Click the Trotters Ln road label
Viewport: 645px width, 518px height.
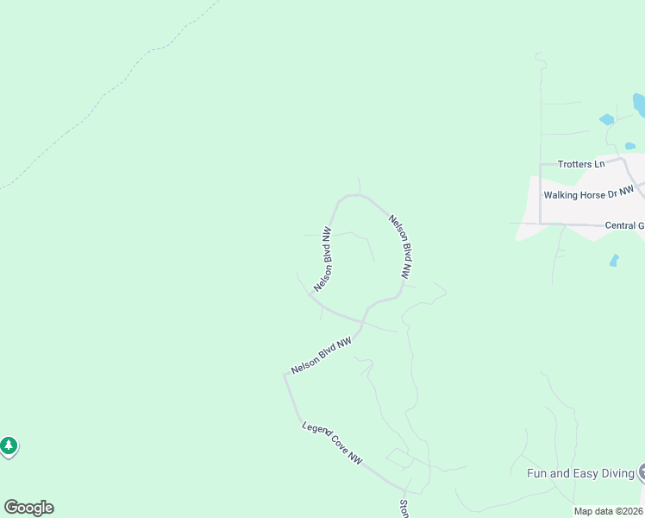(x=580, y=164)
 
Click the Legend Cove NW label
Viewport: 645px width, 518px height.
(x=332, y=443)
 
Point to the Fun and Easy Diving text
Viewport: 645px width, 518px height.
(x=580, y=473)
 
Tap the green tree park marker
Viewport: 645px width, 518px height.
(x=9, y=445)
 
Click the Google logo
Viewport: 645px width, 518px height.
(x=28, y=508)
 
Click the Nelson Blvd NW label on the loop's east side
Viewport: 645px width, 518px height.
(x=398, y=246)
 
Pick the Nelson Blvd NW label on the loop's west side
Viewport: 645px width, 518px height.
(x=323, y=259)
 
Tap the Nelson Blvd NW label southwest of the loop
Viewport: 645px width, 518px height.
(x=322, y=355)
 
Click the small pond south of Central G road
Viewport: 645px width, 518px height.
(x=614, y=260)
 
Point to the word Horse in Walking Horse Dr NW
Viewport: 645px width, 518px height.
(x=592, y=194)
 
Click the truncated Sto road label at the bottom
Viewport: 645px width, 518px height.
(x=404, y=509)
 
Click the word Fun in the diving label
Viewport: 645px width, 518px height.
(x=537, y=473)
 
